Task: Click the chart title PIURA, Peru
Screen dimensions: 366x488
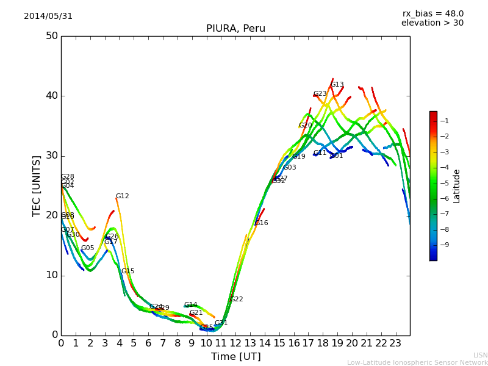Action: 235,29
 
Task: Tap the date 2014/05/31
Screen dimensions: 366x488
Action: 48,16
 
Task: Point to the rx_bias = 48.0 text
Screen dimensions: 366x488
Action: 432,13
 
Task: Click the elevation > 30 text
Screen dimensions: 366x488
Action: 432,23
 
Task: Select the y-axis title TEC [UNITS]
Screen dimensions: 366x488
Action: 37,185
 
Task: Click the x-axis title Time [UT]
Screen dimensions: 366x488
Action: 235,357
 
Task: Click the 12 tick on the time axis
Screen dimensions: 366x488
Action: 235,343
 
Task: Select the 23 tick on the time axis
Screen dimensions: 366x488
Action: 395,343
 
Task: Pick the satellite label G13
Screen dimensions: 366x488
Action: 337,85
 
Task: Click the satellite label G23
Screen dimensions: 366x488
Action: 320,94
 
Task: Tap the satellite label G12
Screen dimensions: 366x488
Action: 123,196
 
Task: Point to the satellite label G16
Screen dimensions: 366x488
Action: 262,223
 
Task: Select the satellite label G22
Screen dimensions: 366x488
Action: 236,300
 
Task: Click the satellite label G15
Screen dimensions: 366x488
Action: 127,271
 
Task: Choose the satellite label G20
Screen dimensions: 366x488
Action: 305,126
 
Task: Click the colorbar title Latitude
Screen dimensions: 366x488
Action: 457,186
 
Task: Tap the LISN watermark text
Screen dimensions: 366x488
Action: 480,355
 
